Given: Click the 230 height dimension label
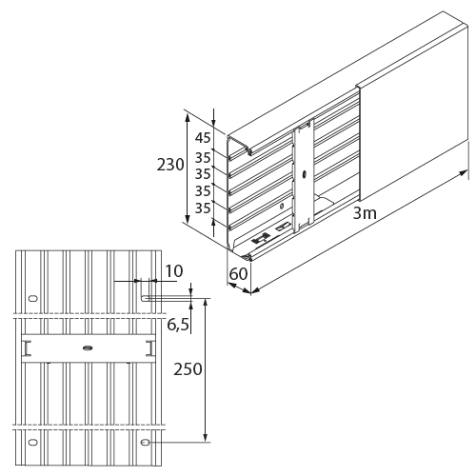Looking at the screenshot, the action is [170, 165].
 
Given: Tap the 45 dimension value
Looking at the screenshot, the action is [203, 138].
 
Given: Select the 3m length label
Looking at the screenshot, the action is [365, 213].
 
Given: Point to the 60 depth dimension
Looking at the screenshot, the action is [238, 274].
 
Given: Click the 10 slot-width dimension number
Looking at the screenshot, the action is [174, 271].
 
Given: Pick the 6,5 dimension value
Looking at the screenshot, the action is [178, 325].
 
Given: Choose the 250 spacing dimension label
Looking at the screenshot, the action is [188, 369].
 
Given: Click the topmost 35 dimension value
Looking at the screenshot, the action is [203, 157].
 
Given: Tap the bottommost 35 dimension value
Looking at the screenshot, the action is [203, 208].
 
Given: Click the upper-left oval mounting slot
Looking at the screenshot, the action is [33, 298].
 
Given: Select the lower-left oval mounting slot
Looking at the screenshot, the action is [33, 442].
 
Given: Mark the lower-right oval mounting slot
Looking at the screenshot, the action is [145, 442].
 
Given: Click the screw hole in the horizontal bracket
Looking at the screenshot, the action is [88, 348].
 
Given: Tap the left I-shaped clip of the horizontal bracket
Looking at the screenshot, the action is [27, 348].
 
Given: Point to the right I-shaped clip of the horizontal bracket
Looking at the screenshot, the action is [149, 348].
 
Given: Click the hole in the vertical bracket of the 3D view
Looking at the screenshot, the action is [304, 174].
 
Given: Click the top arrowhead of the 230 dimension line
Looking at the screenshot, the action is [188, 117].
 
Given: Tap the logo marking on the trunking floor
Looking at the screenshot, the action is [261, 239].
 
